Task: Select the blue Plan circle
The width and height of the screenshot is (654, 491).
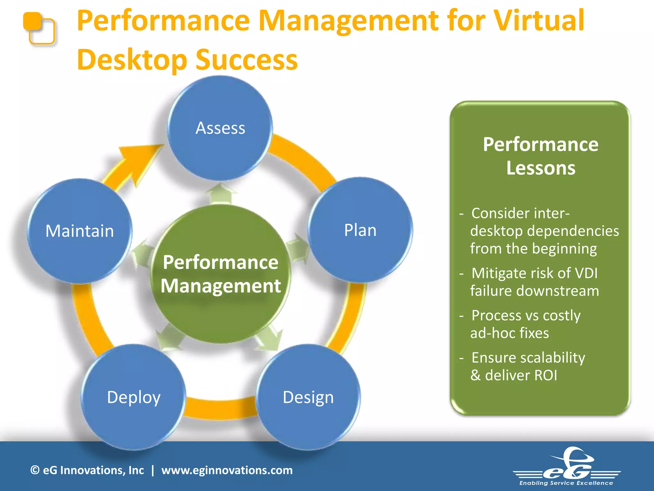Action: (x=360, y=230)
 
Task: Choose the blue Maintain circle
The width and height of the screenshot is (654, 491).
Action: (x=80, y=231)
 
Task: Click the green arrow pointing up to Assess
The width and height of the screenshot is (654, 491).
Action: (x=220, y=193)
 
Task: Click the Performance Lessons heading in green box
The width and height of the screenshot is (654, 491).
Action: (x=541, y=156)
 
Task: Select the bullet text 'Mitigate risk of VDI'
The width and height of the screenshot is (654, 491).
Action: (x=534, y=273)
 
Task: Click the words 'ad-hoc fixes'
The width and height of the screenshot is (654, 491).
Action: (x=510, y=333)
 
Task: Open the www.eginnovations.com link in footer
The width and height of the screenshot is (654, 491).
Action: (x=227, y=470)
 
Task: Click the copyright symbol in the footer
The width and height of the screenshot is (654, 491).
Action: (x=35, y=470)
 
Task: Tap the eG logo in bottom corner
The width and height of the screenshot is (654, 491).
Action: (x=567, y=467)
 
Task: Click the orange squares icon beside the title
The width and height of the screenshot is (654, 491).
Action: (x=39, y=28)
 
